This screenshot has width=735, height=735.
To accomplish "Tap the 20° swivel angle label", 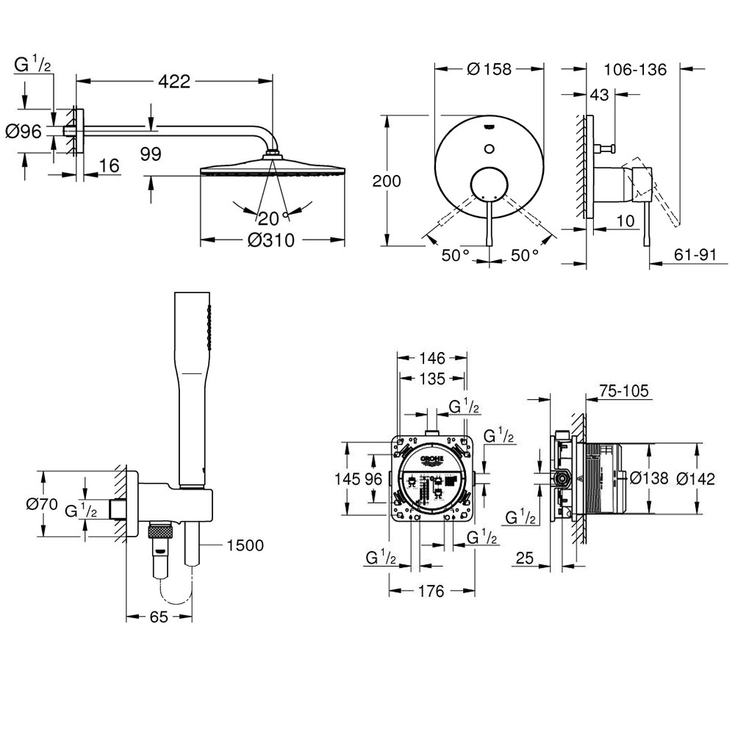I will (270, 218).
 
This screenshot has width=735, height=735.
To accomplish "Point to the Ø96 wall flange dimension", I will (24, 132).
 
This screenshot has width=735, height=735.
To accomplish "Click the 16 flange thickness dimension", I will (109, 166).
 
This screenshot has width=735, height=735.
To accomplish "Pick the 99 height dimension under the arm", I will (150, 153).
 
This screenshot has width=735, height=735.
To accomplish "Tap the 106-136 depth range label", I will (634, 70).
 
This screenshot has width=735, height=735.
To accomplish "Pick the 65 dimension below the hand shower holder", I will (159, 617).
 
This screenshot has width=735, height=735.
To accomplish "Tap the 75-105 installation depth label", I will (623, 392).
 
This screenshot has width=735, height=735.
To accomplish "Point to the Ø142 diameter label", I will (695, 478).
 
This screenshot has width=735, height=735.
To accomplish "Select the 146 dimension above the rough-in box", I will (431, 359).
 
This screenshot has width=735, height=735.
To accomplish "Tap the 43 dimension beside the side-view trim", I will (600, 95).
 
